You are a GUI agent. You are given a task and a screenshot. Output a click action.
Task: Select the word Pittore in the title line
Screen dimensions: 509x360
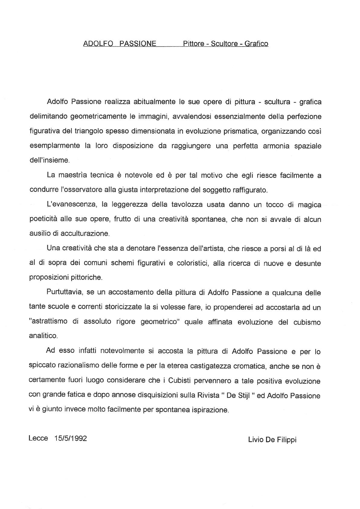(x=193, y=44)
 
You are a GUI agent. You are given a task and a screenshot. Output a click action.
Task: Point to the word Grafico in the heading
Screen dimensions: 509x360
(x=256, y=44)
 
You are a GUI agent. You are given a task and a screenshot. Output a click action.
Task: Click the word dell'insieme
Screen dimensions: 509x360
(x=49, y=160)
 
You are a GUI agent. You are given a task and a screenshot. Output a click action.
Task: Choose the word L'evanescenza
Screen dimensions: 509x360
(x=72, y=205)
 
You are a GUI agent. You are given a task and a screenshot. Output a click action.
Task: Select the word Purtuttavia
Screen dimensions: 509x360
(x=64, y=293)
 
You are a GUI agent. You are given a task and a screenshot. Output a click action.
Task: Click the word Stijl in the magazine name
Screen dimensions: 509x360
(x=242, y=396)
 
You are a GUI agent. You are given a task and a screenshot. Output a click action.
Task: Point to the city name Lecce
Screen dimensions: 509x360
(x=38, y=438)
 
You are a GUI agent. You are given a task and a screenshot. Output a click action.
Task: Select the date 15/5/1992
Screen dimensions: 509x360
(x=71, y=438)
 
